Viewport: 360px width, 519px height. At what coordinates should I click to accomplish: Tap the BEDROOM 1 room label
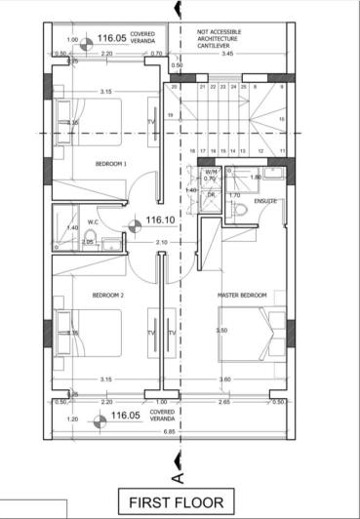[x=110, y=164]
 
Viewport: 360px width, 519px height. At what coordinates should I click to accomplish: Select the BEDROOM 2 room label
[x=108, y=294]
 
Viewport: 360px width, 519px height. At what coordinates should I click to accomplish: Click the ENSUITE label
[x=264, y=202]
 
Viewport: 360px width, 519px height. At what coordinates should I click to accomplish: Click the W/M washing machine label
[x=210, y=171]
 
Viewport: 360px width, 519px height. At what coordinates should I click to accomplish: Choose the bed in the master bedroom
[x=247, y=334]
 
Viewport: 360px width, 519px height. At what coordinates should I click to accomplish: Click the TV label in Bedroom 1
[x=151, y=122]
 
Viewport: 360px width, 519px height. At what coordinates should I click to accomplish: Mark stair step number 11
[x=281, y=151]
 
